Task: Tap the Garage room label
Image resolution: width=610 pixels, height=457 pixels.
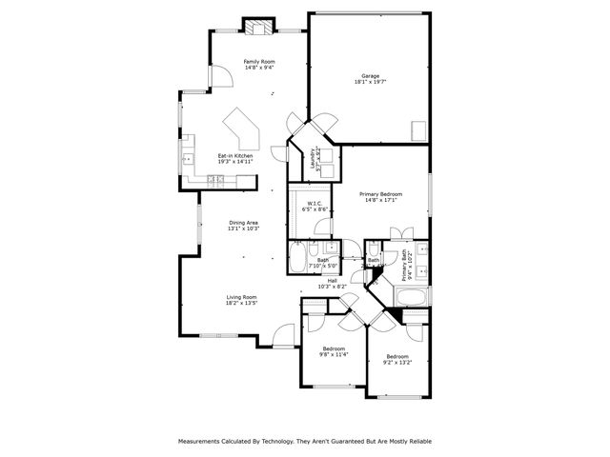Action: click(371, 76)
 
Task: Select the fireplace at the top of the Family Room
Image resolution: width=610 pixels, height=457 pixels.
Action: click(256, 27)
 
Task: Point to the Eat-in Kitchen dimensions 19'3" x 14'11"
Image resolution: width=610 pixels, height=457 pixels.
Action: click(235, 162)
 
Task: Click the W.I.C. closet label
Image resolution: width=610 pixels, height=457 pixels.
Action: click(314, 202)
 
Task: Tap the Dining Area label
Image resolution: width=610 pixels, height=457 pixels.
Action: click(243, 223)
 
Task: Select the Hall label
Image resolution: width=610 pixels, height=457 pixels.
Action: click(332, 280)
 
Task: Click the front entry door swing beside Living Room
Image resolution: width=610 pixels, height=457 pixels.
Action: click(282, 334)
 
